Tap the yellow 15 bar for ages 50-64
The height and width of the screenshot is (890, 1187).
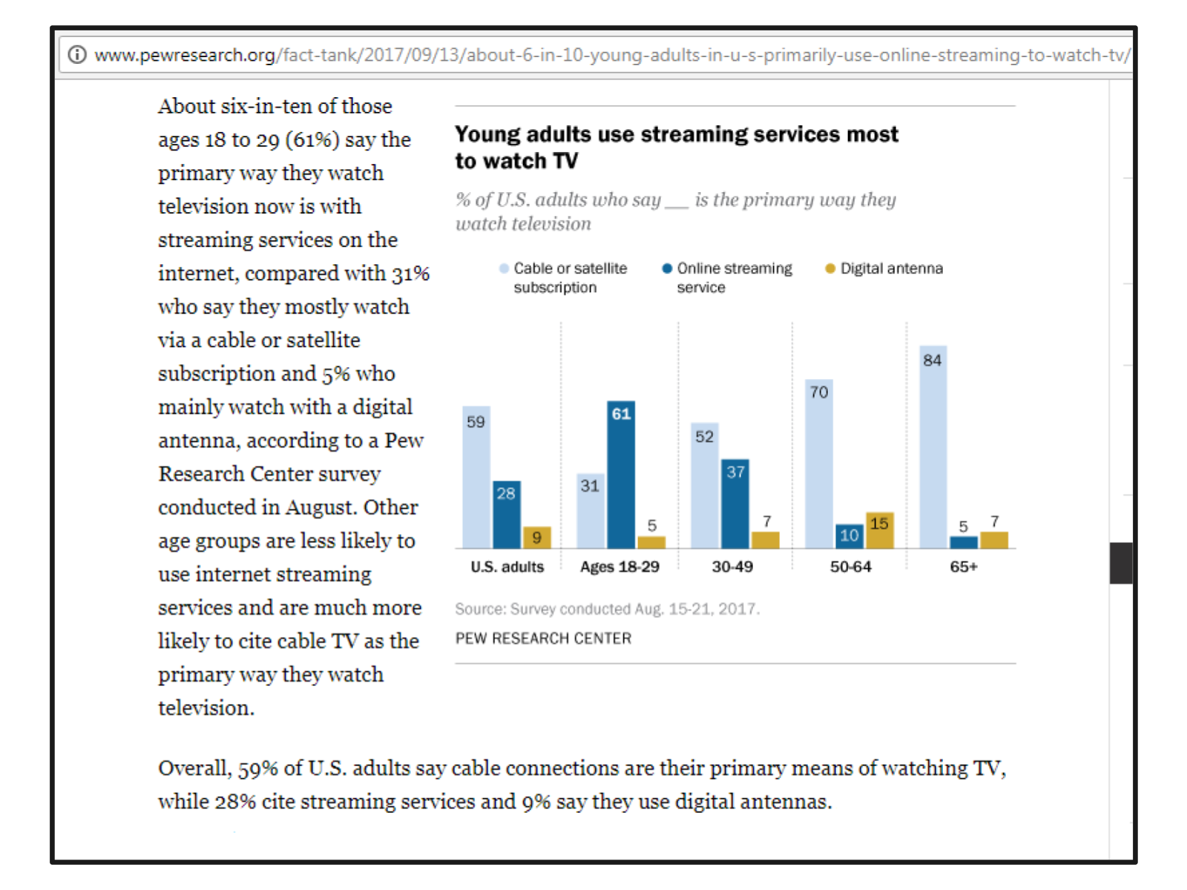pos(879,530)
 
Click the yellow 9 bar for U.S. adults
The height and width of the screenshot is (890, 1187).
pos(536,537)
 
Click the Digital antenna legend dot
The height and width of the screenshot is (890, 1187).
pos(830,268)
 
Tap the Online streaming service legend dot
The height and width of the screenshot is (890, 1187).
pos(667,268)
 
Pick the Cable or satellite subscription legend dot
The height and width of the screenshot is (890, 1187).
pos(504,268)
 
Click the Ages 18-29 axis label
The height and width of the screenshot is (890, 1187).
pos(619,567)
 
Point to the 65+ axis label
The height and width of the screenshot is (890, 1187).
pos(964,567)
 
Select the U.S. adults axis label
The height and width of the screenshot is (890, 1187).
pos(507,567)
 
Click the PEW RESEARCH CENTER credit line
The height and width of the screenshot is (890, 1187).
pos(543,639)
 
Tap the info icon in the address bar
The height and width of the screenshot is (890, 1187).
pos(77,55)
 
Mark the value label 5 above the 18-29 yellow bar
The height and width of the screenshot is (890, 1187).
pos(651,525)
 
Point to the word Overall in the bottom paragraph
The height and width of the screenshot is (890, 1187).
pos(194,768)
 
